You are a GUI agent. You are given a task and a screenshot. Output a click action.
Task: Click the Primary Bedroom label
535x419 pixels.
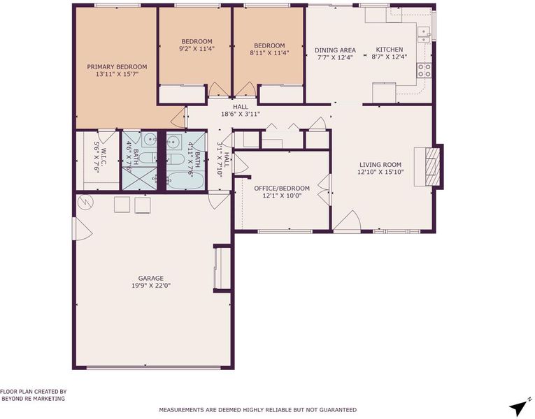point(117,67)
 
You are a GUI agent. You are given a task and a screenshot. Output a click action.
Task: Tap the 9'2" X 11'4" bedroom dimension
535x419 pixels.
point(197,49)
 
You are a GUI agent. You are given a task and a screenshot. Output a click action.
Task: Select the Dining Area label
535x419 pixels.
point(335,50)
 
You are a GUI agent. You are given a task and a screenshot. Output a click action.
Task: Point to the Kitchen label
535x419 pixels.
point(390,50)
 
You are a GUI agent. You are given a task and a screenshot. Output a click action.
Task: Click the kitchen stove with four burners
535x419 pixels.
point(424,71)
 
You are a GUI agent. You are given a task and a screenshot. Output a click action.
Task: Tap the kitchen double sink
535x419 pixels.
point(423,35)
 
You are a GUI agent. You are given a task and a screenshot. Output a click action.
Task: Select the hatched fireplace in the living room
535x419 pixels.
point(433,167)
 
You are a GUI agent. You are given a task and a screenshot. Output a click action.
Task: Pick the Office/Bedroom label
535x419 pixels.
point(282,189)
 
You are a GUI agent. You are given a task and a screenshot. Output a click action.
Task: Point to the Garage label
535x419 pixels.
point(151,279)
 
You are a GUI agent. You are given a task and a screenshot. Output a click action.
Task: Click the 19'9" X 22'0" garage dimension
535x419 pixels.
point(151,286)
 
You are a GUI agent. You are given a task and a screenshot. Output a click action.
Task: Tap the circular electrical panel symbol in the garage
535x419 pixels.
point(85,203)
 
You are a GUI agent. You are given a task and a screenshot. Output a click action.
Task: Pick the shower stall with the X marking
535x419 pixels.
point(140,178)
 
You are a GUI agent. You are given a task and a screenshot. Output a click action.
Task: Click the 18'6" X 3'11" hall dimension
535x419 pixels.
point(241,114)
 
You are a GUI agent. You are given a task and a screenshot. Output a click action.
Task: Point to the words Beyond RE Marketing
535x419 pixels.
point(34,399)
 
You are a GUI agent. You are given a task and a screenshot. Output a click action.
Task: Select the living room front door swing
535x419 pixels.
point(347,221)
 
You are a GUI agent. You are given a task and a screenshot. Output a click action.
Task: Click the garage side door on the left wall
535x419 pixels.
point(82,228)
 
